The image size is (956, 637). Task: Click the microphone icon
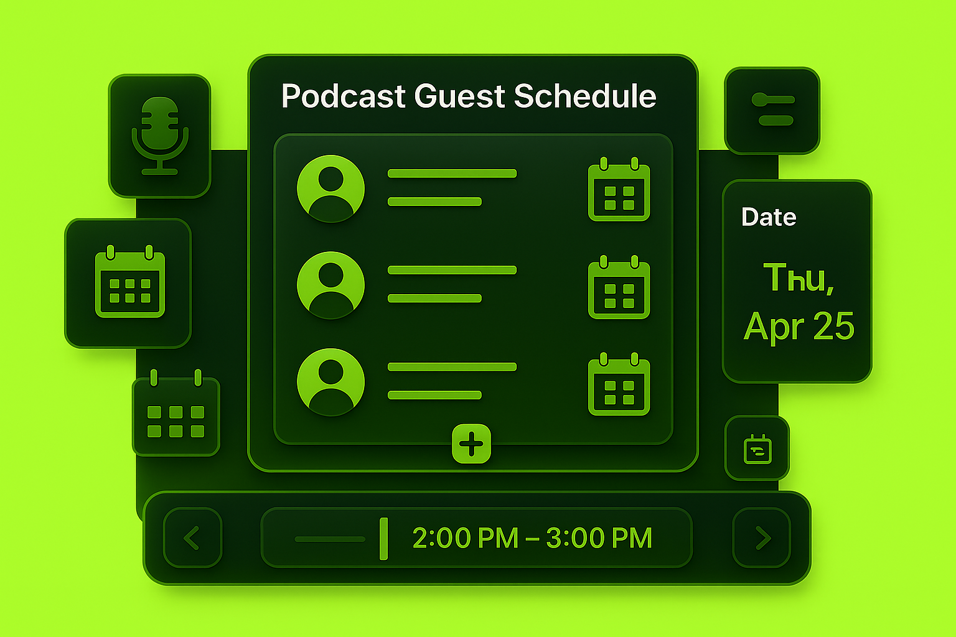[159, 136]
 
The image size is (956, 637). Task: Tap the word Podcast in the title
[343, 96]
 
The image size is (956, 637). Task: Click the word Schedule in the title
[584, 96]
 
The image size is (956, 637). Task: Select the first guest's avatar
[330, 188]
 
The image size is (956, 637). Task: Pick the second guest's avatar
[330, 285]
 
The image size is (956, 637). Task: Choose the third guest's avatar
[330, 382]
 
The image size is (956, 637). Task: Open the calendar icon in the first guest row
[619, 189]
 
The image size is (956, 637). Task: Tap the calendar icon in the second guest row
[619, 287]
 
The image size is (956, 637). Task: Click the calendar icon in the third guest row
[619, 384]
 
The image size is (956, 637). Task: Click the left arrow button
[192, 537]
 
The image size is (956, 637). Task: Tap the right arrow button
[762, 537]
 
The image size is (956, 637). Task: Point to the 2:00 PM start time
[466, 537]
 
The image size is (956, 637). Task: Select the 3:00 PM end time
[599, 537]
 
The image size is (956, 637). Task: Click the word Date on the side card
[769, 217]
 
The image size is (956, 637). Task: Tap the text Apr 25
[799, 327]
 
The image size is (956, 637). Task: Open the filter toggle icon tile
[772, 111]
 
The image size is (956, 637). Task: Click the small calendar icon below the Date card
[757, 449]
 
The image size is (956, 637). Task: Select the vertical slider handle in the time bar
[383, 539]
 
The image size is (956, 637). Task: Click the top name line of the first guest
[452, 173]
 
